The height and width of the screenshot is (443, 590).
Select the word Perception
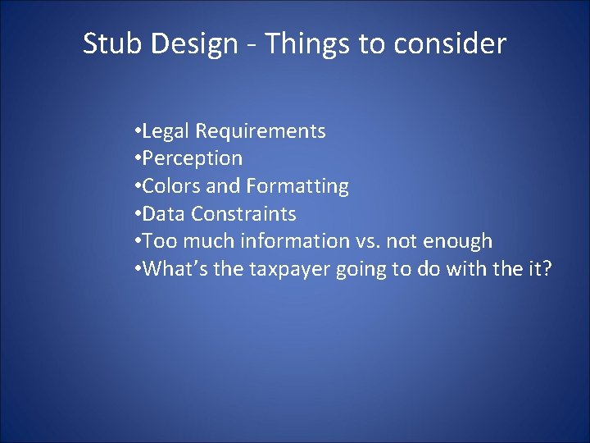coord(193,158)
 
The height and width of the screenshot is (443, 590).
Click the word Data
coord(164,214)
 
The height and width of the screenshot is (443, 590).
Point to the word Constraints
coord(243,214)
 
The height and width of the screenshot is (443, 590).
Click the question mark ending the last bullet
coord(547,269)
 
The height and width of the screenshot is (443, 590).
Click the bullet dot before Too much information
coord(136,241)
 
